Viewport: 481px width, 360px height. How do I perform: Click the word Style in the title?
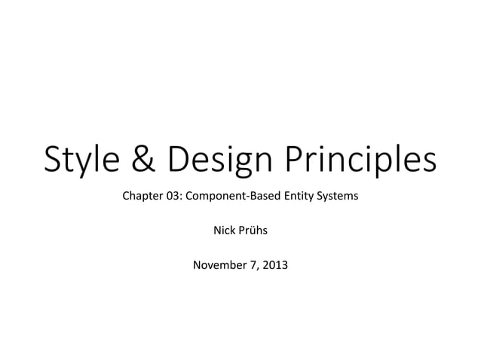(79, 160)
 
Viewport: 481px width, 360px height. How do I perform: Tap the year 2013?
(275, 264)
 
